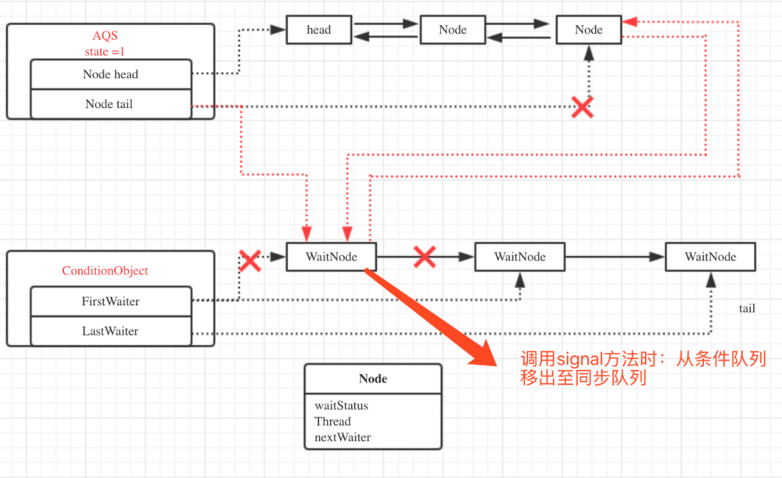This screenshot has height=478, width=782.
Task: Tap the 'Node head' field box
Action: click(110, 74)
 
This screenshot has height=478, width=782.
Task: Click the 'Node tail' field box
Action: click(110, 104)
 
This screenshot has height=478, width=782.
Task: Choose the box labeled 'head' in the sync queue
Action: click(318, 30)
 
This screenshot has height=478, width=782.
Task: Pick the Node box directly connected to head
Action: click(453, 30)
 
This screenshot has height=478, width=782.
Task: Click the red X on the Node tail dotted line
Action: click(582, 108)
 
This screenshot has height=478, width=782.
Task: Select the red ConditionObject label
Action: click(105, 271)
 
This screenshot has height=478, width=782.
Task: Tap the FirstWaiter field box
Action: click(110, 300)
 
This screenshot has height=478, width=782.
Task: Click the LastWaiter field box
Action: click(110, 331)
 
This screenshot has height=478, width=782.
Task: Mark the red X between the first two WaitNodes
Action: click(424, 256)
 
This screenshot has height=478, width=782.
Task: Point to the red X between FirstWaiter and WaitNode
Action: click(249, 260)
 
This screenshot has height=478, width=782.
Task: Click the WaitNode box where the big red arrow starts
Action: click(332, 257)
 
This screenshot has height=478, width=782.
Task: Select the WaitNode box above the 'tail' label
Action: click(711, 257)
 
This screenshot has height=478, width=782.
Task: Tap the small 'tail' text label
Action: click(747, 308)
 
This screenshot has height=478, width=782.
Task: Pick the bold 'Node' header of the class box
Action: click(373, 379)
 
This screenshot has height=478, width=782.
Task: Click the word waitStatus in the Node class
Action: click(341, 405)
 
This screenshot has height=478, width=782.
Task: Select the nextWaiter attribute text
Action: click(343, 437)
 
